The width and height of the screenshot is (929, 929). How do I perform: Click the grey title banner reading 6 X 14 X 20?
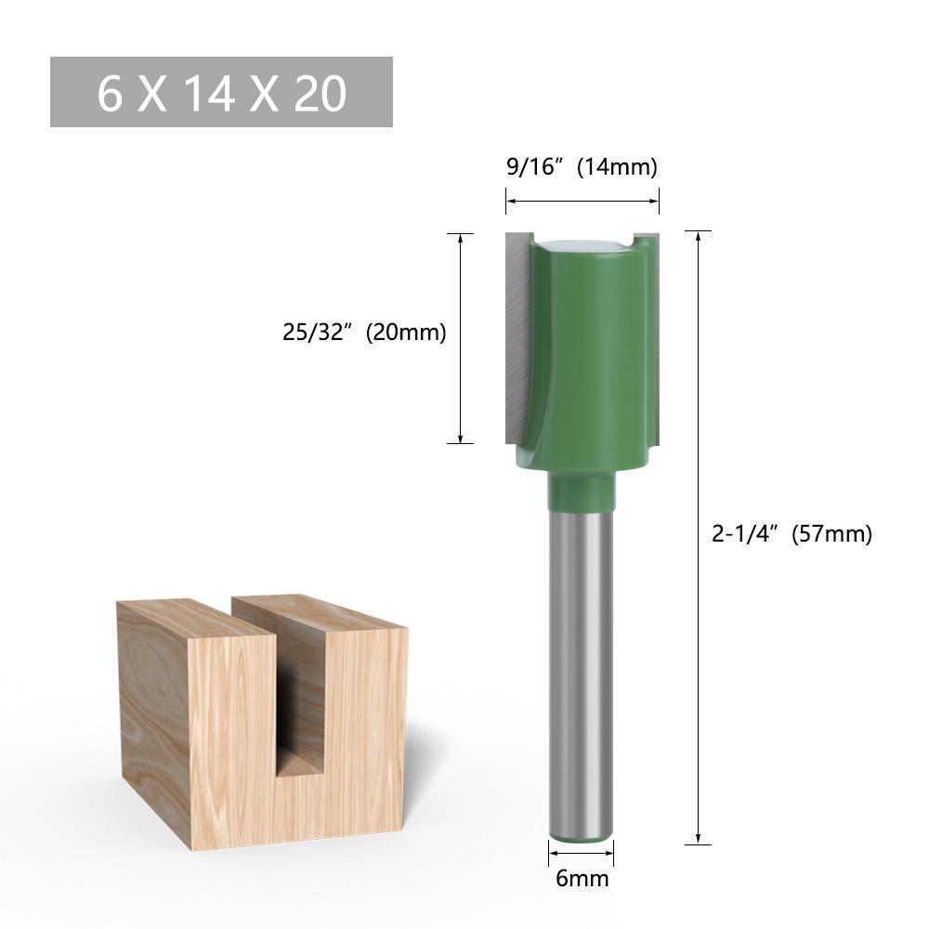point(221,92)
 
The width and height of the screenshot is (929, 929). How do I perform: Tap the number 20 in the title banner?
point(321,93)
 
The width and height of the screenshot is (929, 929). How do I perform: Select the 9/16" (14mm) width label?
point(582,167)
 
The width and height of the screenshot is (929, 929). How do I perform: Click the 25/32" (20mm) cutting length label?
point(365,333)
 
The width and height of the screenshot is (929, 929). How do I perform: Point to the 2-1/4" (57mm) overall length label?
point(792,534)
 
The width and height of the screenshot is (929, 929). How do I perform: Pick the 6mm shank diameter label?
point(582,877)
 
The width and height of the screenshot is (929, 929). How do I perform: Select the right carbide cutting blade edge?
point(655,334)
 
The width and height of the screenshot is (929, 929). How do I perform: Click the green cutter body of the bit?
point(590,353)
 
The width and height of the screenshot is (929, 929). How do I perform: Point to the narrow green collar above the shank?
point(581,492)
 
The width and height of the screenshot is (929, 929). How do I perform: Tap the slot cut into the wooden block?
point(299,706)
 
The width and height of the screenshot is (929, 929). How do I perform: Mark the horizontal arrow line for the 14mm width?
point(582,200)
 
